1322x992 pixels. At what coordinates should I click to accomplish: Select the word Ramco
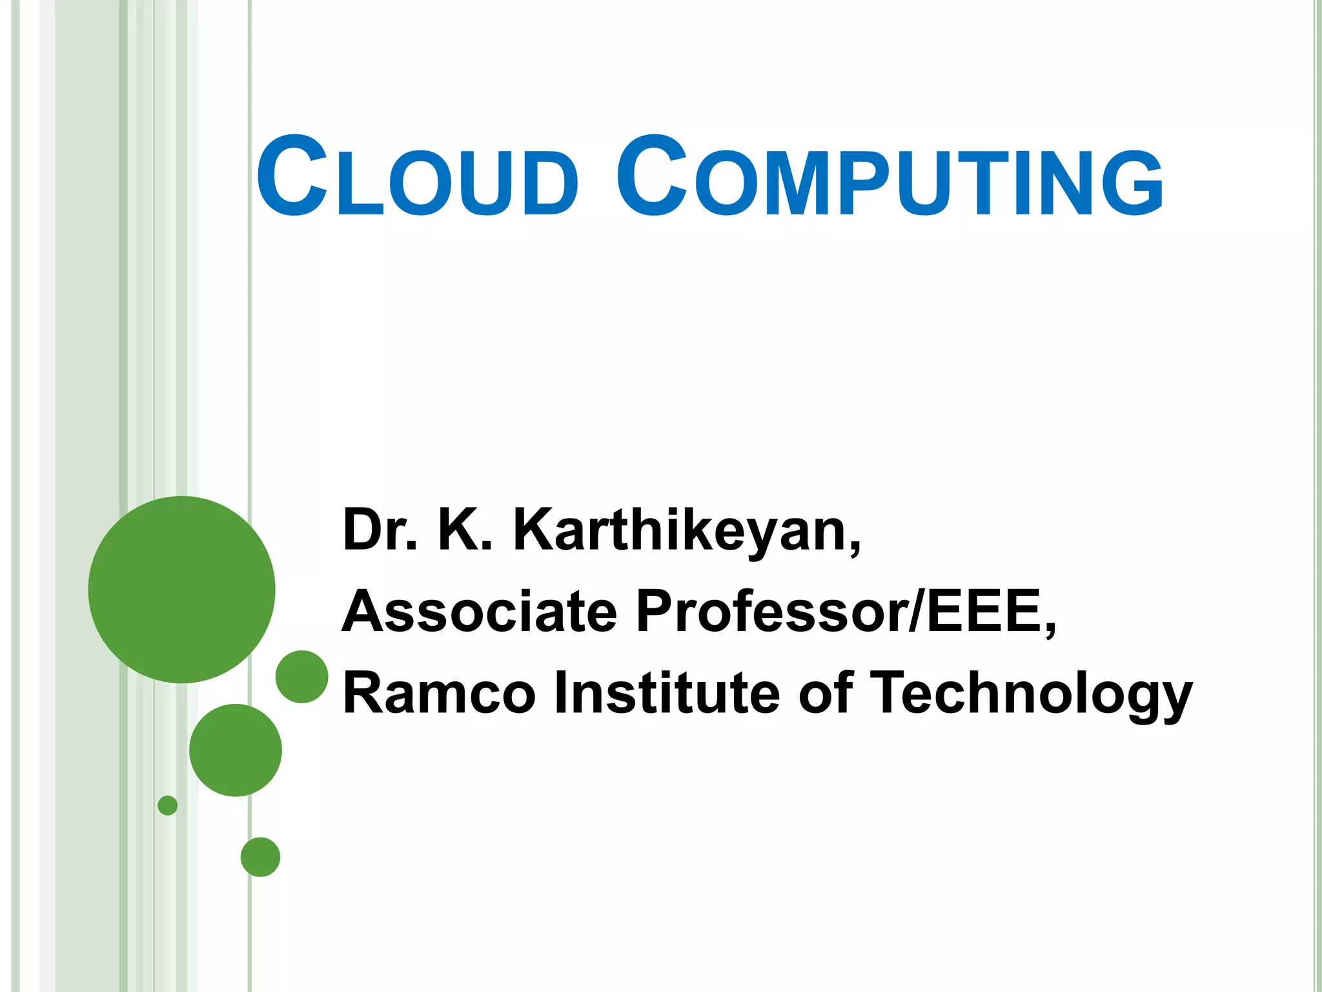click(439, 693)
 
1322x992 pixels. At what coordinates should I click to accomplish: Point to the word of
click(826, 693)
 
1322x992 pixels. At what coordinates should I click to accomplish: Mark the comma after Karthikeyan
click(855, 549)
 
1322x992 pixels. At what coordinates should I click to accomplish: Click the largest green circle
click(181, 589)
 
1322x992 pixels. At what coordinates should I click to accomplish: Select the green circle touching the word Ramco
click(302, 676)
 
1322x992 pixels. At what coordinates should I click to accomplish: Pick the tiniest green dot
click(167, 805)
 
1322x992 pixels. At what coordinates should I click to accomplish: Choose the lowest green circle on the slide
click(260, 857)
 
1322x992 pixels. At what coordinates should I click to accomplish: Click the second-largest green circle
click(236, 750)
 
